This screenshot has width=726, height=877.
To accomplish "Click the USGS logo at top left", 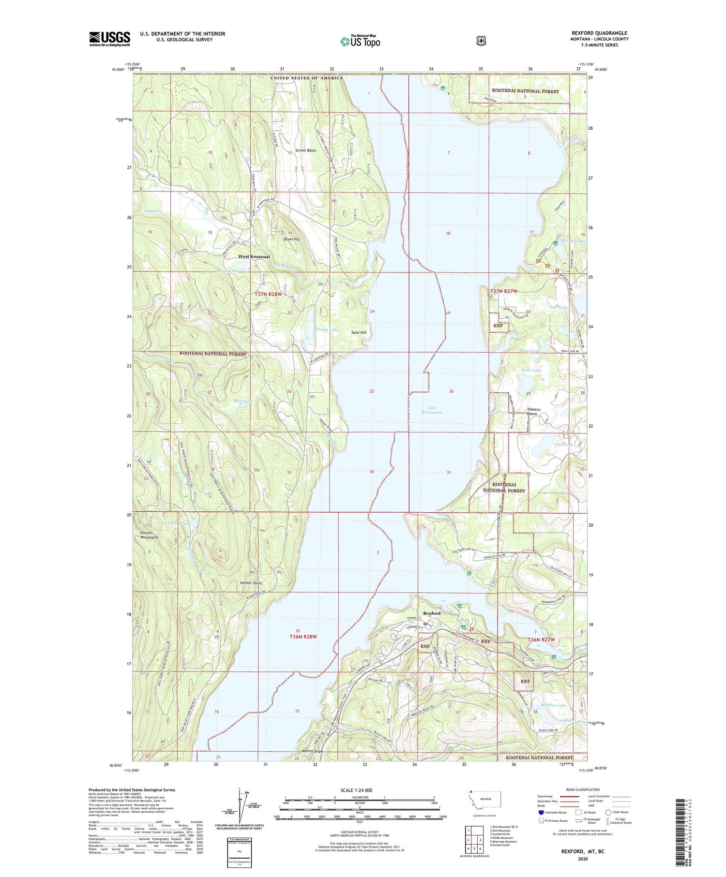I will (x=109, y=39).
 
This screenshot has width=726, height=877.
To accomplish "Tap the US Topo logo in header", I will (x=360, y=41).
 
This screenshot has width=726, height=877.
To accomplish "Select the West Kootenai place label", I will (x=254, y=256).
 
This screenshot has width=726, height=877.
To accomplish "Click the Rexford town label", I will (x=432, y=613).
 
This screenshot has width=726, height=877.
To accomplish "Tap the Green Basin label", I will (x=306, y=150).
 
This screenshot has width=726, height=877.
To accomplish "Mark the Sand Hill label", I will (x=359, y=333).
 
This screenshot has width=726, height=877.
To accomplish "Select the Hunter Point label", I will (x=251, y=583).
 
